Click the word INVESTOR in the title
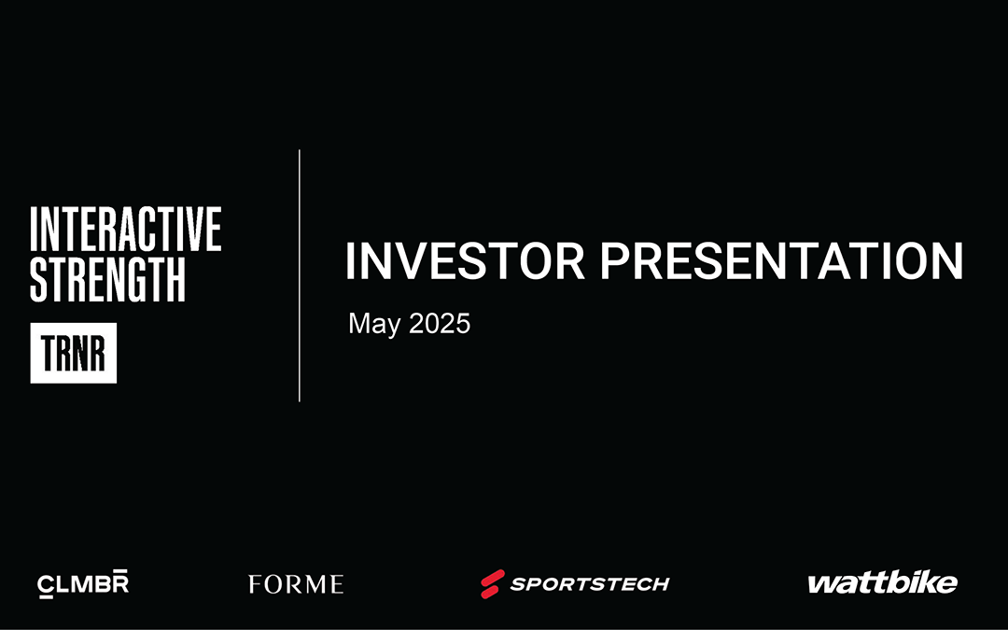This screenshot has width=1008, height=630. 465,261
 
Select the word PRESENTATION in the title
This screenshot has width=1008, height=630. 781,261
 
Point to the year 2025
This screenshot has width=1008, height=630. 440,323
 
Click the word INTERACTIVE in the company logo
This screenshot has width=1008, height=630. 126,230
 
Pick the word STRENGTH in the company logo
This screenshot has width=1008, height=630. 108,280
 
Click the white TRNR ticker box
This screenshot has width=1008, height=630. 74,353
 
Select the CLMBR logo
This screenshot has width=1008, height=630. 83,583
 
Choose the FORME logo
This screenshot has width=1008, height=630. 296,584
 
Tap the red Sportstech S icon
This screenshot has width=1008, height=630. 493,583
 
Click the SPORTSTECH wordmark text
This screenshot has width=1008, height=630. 590,583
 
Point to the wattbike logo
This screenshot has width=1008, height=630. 883,582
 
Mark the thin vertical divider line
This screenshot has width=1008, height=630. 300,275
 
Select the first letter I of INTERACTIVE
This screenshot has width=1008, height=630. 34,230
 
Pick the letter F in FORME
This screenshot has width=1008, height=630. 255,584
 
